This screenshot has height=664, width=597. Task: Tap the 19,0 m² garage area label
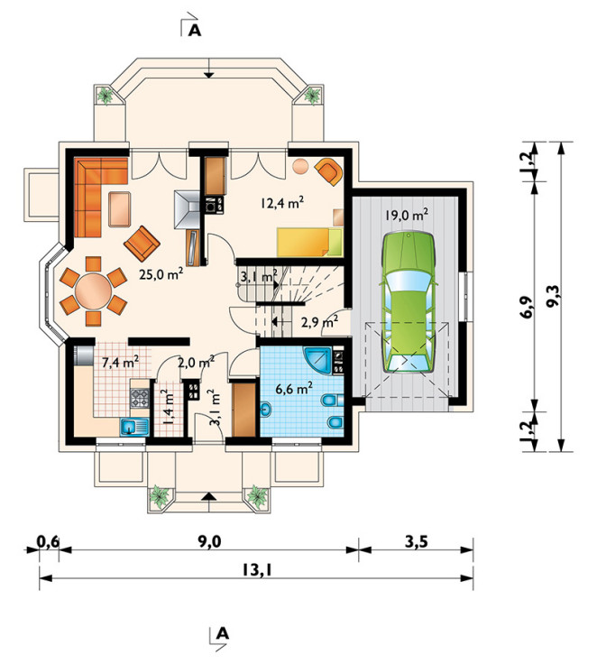(x=406, y=215)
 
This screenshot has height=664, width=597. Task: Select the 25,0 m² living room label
(x=161, y=274)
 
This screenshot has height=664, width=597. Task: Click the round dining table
(x=93, y=291)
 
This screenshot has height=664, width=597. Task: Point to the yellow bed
(x=309, y=242)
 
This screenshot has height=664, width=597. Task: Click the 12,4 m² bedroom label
(x=282, y=203)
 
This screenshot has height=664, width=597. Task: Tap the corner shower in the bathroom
(x=318, y=361)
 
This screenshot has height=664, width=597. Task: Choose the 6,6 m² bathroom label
(x=294, y=388)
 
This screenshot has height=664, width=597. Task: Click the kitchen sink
(x=134, y=427)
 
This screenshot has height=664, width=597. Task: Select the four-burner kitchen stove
(x=140, y=398)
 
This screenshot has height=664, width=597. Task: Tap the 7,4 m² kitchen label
(x=121, y=362)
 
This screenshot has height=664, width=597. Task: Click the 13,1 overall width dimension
(x=257, y=570)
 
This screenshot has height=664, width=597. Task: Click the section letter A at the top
(x=195, y=30)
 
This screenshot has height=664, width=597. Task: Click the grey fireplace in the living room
(x=187, y=210)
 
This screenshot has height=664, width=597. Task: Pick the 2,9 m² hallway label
(x=319, y=323)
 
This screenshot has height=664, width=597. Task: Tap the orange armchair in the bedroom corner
(x=328, y=171)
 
